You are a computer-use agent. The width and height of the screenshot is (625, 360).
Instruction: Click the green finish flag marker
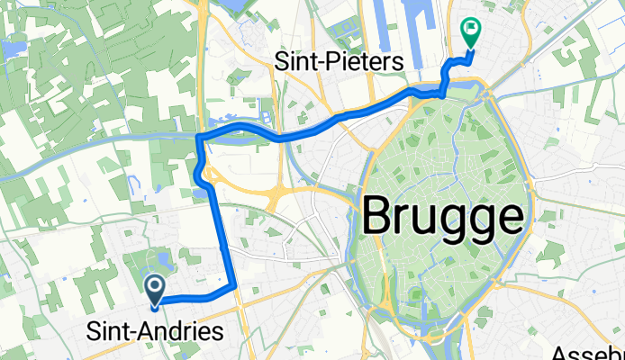click(x=469, y=33)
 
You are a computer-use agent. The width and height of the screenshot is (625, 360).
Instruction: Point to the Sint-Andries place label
click(x=155, y=333)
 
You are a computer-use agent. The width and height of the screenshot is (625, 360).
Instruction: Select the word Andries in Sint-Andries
click(x=181, y=333)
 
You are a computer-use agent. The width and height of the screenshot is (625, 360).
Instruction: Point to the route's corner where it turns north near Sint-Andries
click(x=234, y=285)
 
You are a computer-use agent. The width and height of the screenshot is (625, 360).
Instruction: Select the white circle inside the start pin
click(x=155, y=287)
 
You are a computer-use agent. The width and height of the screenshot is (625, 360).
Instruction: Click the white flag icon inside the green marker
click(x=469, y=30)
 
